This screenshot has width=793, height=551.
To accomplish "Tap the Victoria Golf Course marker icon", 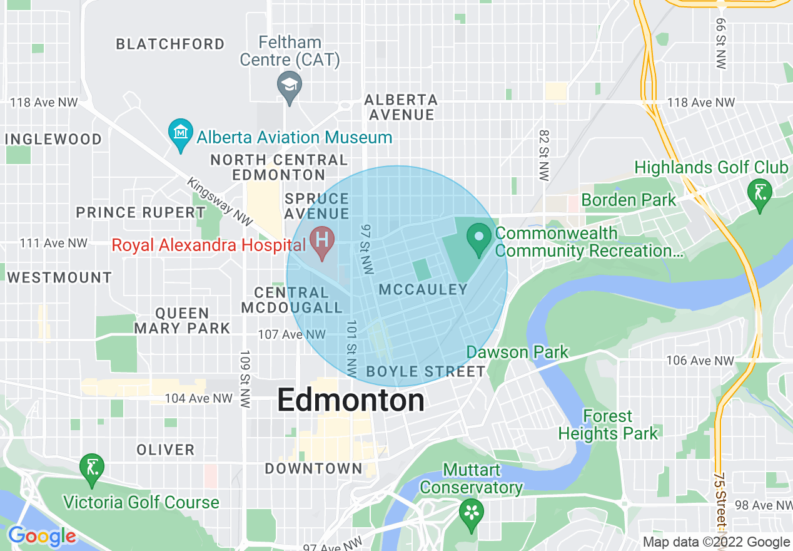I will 92,469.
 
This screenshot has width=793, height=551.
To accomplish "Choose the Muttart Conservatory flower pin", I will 471,513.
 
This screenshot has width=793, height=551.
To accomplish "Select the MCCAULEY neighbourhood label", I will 423,289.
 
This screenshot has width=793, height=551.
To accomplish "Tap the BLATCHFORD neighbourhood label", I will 170,44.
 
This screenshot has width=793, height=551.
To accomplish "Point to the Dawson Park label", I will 517,352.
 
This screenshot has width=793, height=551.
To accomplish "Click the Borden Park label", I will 629,200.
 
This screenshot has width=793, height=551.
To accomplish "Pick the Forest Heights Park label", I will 608,425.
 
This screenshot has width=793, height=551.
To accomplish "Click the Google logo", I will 41,537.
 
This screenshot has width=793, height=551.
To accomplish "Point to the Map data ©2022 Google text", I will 716,542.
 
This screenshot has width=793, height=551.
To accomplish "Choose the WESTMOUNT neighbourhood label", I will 59,277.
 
